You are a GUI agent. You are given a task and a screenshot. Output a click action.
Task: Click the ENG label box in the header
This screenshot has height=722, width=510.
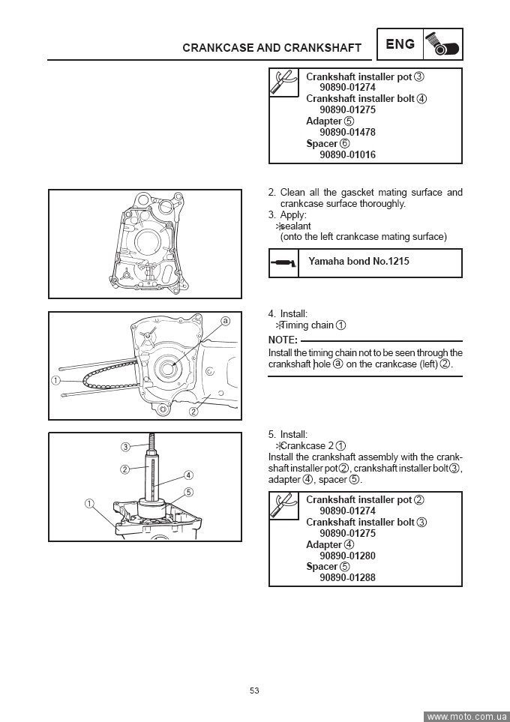tap(400, 44)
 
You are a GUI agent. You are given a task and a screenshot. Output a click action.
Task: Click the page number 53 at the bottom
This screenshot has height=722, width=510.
tap(254, 691)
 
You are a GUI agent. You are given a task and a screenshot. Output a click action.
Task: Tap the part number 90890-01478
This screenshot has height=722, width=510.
tap(347, 132)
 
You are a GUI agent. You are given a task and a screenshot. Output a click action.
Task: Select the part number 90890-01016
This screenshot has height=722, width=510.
tap(347, 154)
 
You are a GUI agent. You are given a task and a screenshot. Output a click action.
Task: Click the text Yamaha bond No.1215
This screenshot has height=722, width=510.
tap(358, 262)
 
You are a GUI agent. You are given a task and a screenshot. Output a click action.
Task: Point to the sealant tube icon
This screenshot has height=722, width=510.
tap(283, 262)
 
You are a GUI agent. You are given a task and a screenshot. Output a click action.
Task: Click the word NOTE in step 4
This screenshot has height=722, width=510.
tap(283, 340)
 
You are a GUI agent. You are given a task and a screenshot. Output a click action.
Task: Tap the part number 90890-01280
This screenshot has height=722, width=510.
tap(347, 556)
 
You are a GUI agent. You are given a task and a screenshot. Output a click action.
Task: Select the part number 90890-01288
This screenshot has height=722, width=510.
tap(347, 578)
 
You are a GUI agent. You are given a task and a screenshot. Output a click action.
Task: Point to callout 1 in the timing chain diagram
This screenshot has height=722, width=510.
tap(56, 380)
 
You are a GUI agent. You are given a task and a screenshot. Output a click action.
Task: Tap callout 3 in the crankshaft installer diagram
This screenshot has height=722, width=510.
tap(126, 448)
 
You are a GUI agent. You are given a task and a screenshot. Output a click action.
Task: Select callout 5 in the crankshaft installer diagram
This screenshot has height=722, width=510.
tap(189, 492)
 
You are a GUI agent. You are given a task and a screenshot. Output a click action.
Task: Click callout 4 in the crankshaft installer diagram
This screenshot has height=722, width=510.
tap(189, 475)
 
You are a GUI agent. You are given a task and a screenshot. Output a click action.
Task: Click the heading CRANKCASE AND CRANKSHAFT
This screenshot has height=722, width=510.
tap(271, 48)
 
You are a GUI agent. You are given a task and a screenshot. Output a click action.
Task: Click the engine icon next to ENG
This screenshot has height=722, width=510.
tap(443, 44)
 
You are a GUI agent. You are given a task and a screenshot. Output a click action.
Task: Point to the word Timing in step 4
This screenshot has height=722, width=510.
tap(295, 325)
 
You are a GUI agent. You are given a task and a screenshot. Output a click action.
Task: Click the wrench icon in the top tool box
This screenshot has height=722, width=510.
tap(284, 84)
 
